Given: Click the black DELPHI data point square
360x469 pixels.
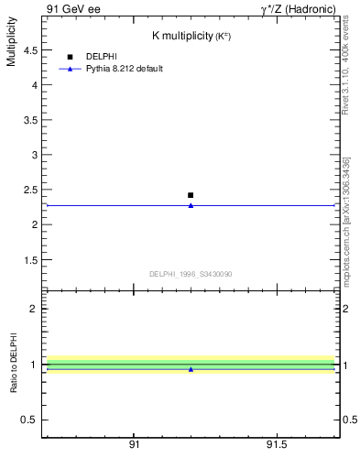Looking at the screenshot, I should coord(191,195).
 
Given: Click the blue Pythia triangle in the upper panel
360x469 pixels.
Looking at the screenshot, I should coord(191,205).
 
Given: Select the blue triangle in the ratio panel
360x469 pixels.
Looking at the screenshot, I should coord(191,369).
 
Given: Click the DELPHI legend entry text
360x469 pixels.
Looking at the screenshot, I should coord(101,57).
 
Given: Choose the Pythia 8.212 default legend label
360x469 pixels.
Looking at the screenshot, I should coord(125,69).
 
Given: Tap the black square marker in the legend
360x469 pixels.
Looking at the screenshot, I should coord(70,57).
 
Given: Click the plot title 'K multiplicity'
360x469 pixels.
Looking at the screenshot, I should coord(182,36).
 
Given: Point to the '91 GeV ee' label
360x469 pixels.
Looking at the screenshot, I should coord(74,8).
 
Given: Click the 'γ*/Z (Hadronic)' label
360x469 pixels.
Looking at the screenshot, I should coord(298,8).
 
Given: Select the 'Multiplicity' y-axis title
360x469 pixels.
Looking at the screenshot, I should coord(11,45).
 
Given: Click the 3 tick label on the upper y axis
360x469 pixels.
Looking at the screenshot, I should coord(34,155).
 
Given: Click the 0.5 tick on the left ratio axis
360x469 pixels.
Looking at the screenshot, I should coord(29,420).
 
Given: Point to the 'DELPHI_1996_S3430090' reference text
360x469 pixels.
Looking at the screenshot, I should coord(191,274).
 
